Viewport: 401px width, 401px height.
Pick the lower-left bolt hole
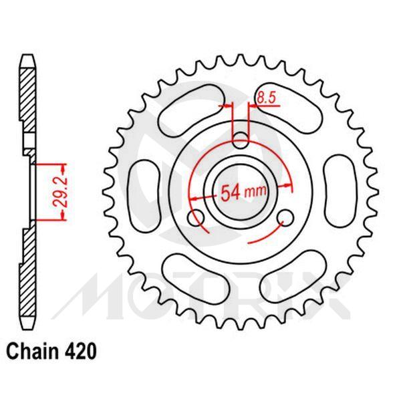(196, 218)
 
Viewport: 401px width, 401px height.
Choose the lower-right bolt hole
(285, 218)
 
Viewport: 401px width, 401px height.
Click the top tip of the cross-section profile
(27, 54)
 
